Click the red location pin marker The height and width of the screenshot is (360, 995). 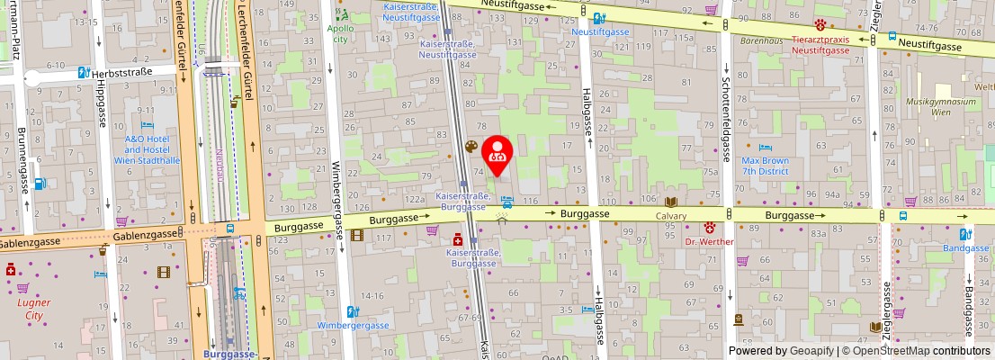[497, 154]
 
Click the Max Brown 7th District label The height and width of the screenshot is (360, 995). [765, 166]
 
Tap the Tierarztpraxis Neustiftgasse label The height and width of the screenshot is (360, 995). [820, 45]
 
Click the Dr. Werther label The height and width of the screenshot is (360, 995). [709, 241]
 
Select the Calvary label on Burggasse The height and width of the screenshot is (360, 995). [670, 216]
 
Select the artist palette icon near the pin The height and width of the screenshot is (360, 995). [471, 147]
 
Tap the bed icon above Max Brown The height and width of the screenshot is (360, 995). [765, 148]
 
